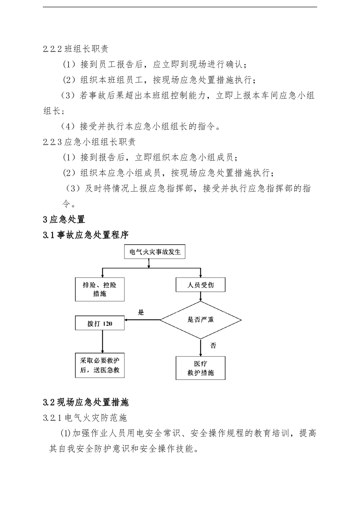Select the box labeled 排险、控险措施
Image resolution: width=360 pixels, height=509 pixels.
pyautogui.click(x=100, y=289)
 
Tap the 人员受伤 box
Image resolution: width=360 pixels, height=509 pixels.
pyautogui.click(x=200, y=285)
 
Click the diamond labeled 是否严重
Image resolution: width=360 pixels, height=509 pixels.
pyautogui.click(x=200, y=320)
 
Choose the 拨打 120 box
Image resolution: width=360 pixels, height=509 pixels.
pyautogui.click(x=100, y=324)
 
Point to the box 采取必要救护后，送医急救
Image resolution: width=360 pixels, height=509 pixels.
pyautogui.click(x=100, y=365)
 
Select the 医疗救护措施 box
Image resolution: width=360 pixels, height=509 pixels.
pyautogui.click(x=200, y=368)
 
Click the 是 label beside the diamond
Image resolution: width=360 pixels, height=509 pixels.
pyautogui.click(x=141, y=312)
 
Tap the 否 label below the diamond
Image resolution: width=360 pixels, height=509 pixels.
pyautogui.click(x=213, y=345)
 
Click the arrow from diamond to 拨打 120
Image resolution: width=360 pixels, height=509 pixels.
pyautogui.click(x=142, y=320)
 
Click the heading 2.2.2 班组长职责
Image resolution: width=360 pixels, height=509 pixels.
pyautogui.click(x=76, y=49)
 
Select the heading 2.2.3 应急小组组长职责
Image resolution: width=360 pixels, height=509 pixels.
pyautogui.click(x=89, y=142)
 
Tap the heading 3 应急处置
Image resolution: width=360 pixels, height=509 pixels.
pyautogui.click(x=64, y=219)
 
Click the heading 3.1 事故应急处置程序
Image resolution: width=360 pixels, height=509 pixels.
pyautogui.click(x=86, y=235)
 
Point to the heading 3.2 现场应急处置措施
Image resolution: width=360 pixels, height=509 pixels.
pyautogui.click(x=86, y=402)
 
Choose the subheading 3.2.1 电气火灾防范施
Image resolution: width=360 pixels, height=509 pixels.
pyautogui.click(x=85, y=418)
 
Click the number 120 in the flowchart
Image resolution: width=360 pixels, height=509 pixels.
pyautogui.click(x=107, y=324)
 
